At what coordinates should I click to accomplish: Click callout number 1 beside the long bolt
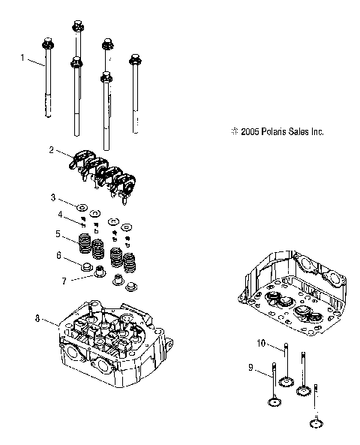[x=22, y=57]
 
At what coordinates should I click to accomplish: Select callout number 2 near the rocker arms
[x=52, y=149]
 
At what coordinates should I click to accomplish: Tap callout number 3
[x=53, y=197]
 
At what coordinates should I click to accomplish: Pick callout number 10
[x=261, y=343]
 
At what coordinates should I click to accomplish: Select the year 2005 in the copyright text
[x=250, y=131]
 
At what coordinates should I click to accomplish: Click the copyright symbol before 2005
[x=235, y=131]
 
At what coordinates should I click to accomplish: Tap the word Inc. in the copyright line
[x=315, y=131]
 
